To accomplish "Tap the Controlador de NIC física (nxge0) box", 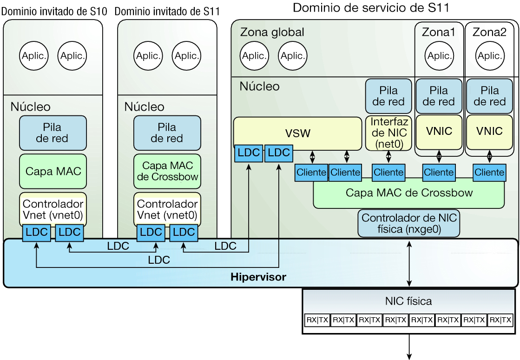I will pos(408,223).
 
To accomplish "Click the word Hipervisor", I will pos(258,278).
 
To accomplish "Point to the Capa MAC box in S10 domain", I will pos(53,171).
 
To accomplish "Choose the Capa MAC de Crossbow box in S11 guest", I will pos(167,171).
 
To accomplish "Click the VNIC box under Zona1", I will pos(439,131).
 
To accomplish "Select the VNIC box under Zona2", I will pos(489,131).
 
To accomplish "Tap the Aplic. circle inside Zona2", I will pos(489,56).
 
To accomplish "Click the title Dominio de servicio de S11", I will pos(369,7).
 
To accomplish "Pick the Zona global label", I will pos(272,32).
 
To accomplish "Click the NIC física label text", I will pos(408,301).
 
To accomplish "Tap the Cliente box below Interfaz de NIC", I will pos(388,172).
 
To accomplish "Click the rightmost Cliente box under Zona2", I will pos(489,172).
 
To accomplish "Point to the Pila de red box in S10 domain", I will pos(53,132).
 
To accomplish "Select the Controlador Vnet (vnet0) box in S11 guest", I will pos(167,209).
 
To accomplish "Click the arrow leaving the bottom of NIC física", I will pos(409,347).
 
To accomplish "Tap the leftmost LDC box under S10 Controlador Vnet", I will pos(36,233).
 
